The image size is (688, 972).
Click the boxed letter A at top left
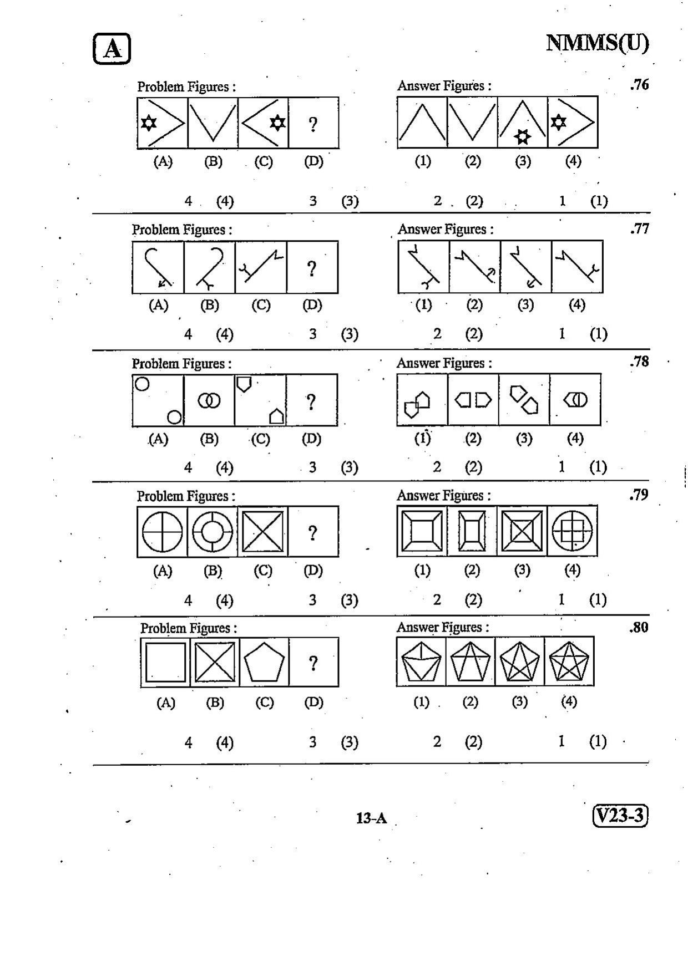112,49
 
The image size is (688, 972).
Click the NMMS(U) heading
598,43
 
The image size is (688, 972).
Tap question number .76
640,85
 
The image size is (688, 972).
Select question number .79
639,495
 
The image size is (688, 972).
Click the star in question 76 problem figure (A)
148,123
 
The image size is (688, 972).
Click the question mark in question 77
312,269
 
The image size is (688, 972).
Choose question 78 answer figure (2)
473,400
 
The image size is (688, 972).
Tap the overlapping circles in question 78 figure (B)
209,400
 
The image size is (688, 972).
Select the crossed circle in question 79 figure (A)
162,531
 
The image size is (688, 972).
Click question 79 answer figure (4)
572,531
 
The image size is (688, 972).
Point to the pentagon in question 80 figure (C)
264,662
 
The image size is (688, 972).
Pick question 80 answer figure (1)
421,661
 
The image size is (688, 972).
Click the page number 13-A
371,818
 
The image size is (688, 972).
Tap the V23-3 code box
620,816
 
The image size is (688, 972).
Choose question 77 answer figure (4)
577,267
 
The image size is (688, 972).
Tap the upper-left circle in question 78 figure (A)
142,384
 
